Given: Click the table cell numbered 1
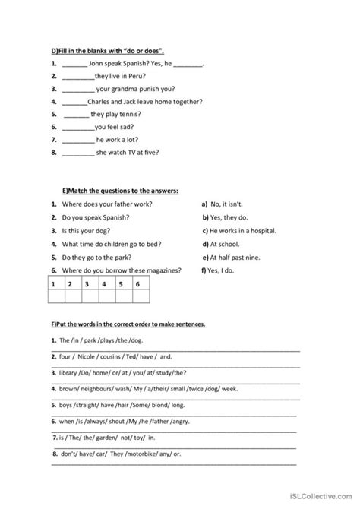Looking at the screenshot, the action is coord(55,284).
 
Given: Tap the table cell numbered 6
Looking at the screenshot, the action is coord(137,284).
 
